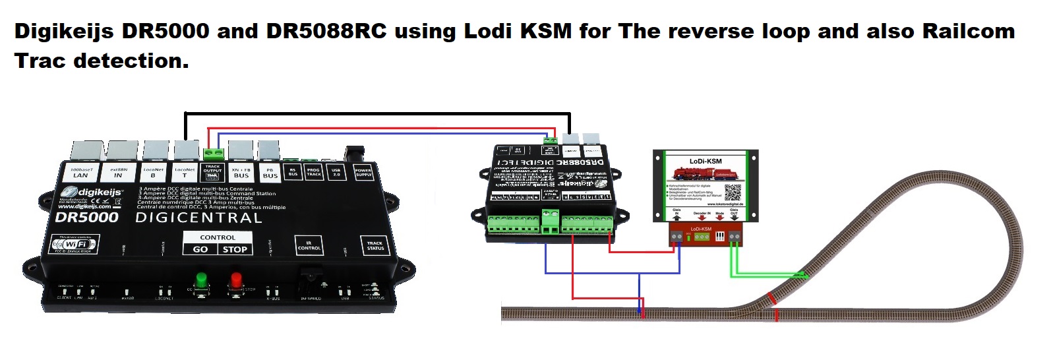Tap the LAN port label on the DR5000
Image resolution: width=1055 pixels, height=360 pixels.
click(80, 173)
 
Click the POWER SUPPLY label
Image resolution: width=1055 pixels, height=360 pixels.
click(363, 172)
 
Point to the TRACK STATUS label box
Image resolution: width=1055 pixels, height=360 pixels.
click(375, 246)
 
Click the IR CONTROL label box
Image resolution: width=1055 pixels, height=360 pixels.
click(309, 246)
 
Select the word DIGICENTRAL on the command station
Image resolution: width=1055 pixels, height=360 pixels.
click(198, 218)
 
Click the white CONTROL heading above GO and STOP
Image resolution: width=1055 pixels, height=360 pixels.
click(217, 237)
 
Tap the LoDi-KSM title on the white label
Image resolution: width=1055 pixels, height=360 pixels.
click(705, 161)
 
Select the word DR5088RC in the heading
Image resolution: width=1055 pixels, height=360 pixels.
click(326, 32)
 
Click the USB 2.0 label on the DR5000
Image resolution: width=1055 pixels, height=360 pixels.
click(336, 173)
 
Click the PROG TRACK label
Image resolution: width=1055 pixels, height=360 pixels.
click(314, 173)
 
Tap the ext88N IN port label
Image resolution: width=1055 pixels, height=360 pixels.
click(118, 173)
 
